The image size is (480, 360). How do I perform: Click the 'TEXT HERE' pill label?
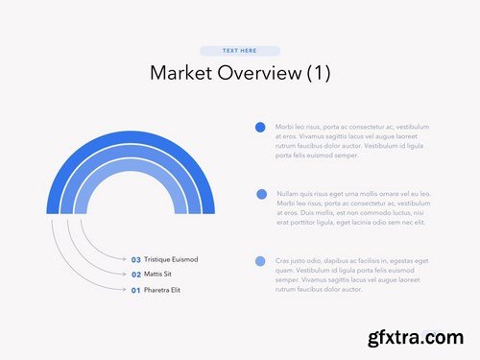point(239,50)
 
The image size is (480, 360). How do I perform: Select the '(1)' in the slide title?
point(318,74)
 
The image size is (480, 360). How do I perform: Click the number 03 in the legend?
point(135,259)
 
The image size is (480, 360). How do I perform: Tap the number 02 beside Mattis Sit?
point(135,275)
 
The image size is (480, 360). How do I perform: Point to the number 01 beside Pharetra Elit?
point(135,290)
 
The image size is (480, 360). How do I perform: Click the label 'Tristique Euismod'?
point(171,259)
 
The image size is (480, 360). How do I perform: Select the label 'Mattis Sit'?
point(159,275)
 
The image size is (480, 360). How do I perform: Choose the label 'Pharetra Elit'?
point(162,290)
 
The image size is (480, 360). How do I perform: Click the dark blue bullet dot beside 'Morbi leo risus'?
point(260,127)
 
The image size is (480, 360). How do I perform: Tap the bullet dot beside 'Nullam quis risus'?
point(261,194)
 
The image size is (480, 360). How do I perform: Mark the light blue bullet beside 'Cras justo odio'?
point(260,261)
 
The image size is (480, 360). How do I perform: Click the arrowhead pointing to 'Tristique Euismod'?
point(126,259)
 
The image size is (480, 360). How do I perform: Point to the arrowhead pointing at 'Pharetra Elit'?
point(126,290)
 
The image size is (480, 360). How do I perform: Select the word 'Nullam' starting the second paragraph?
point(287,194)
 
